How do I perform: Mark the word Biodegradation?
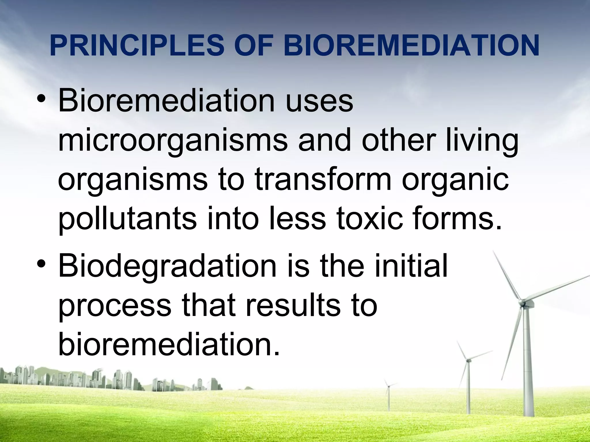tap(167, 266)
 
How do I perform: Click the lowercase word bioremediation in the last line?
tap(169, 344)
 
